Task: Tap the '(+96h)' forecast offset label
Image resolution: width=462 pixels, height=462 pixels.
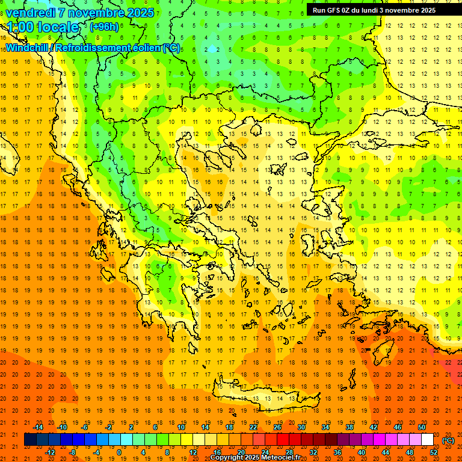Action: pos(104,27)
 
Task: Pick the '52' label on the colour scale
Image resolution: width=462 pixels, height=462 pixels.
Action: pos(434,452)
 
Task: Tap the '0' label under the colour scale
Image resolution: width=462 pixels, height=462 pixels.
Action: pos(119,452)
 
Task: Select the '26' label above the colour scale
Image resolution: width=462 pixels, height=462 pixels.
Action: pos(277,427)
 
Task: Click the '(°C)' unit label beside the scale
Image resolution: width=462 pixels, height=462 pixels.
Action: pos(448,440)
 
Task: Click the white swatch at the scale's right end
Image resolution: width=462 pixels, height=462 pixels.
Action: pos(427,440)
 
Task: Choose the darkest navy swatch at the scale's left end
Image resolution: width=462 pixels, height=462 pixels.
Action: pos(30,440)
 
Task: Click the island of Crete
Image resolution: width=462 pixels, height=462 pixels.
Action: pos(265,397)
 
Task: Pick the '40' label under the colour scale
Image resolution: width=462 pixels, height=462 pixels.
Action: pos(362,452)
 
